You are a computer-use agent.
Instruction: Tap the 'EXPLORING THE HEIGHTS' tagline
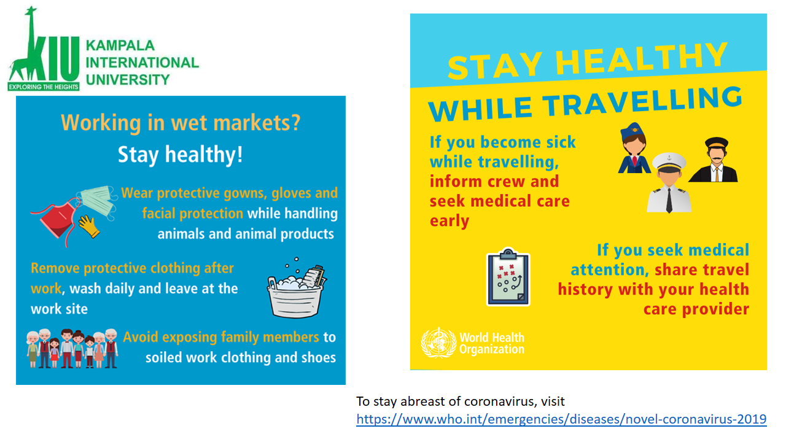click(44, 87)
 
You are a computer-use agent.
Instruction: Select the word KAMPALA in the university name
click(120, 45)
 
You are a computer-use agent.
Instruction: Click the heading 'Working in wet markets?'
click(181, 122)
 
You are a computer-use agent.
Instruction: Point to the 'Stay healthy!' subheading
click(181, 154)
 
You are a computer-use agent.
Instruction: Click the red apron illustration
click(58, 221)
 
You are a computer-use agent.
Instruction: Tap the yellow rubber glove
click(89, 227)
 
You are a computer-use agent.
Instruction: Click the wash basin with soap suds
click(297, 289)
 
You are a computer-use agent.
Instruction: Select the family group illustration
click(72, 348)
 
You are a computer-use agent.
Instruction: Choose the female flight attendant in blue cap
click(634, 148)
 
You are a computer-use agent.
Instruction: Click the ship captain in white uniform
click(669, 183)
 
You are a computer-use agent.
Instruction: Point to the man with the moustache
click(714, 160)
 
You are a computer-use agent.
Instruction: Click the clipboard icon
click(508, 277)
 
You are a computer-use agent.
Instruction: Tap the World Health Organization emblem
click(438, 343)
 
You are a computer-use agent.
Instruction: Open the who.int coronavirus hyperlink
click(561, 419)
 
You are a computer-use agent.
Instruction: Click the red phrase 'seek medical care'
click(499, 201)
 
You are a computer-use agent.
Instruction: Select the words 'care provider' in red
click(696, 309)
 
